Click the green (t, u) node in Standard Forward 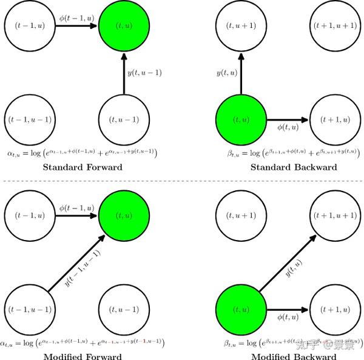pyautogui.click(x=124, y=25)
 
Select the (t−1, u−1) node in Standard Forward pyautogui.click(x=29, y=119)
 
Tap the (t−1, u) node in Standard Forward pyautogui.click(x=29, y=25)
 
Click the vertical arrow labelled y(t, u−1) pyautogui.click(x=124, y=73)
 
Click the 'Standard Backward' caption pyautogui.click(x=294, y=167)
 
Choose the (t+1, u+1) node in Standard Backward pyautogui.click(x=335, y=25)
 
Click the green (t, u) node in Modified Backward pyautogui.click(x=240, y=309)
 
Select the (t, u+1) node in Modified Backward pyautogui.click(x=240, y=215)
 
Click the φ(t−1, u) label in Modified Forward pyautogui.click(x=76, y=207)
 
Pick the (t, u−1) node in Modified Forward pyautogui.click(x=124, y=309)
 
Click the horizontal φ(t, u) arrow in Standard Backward pyautogui.click(x=288, y=119)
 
